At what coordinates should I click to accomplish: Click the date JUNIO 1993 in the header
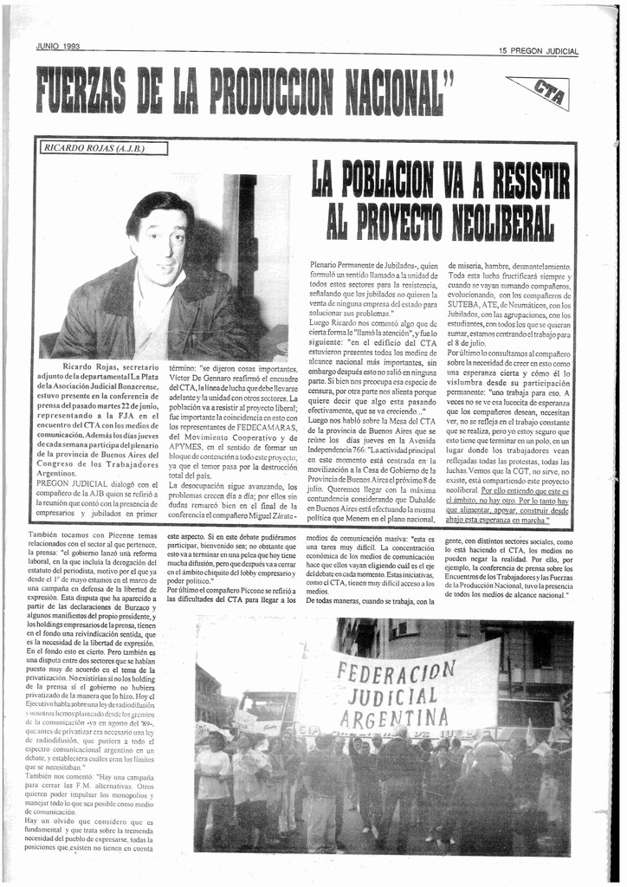point(58,46)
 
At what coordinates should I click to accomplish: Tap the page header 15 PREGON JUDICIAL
point(538,51)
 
